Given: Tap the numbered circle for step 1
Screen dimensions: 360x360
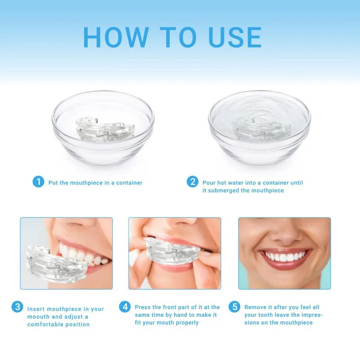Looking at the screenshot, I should [x=38, y=182].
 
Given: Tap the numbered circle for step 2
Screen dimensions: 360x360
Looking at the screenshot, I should [x=193, y=182].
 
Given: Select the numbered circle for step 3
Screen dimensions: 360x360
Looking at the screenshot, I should [x=17, y=307].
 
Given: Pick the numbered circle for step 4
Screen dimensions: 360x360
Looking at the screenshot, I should [x=125, y=307].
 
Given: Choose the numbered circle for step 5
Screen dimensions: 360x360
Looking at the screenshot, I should [x=234, y=307].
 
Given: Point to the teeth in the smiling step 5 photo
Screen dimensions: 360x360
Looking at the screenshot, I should [x=284, y=257].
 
